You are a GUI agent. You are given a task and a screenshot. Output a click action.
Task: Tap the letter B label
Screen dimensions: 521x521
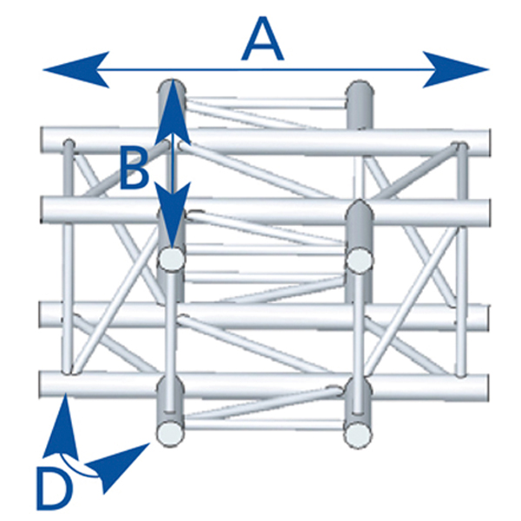[134, 169]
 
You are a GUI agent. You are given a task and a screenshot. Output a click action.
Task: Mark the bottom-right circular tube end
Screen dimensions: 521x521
[357, 432]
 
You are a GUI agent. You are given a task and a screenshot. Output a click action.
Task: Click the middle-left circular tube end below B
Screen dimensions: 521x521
[173, 259]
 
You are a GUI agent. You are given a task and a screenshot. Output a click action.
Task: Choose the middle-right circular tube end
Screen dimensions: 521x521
[357, 259]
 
